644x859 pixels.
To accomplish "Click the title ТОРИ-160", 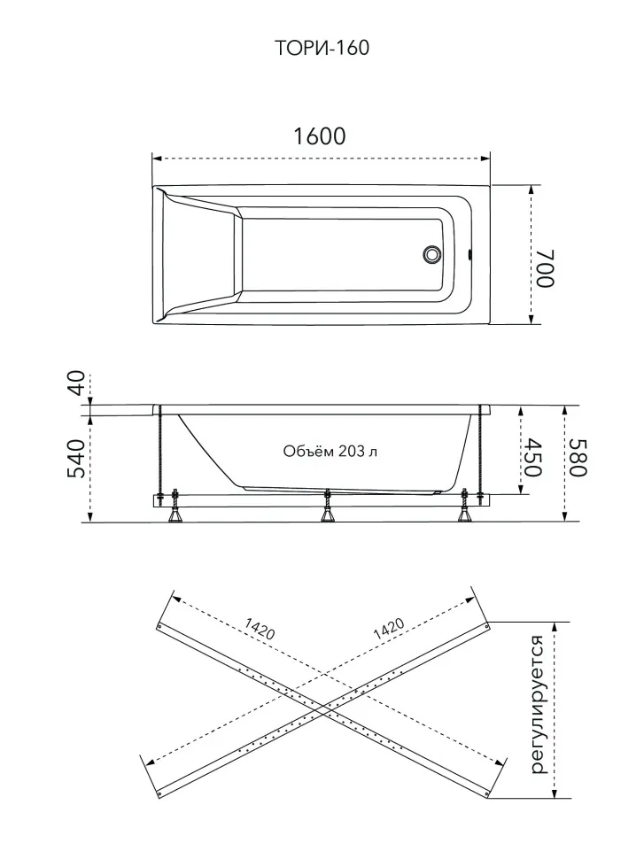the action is click(322, 48).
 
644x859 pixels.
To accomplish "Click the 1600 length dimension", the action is click(320, 136).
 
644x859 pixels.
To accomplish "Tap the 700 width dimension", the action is click(546, 268).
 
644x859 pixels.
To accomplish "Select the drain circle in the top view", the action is click(431, 254).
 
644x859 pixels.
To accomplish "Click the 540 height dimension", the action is click(77, 459).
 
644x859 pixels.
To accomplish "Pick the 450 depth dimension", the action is click(531, 458).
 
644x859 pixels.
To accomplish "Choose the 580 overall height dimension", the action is click(578, 458).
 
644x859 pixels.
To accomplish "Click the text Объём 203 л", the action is click(330, 451).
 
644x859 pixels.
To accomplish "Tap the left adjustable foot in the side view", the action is click(177, 507).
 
